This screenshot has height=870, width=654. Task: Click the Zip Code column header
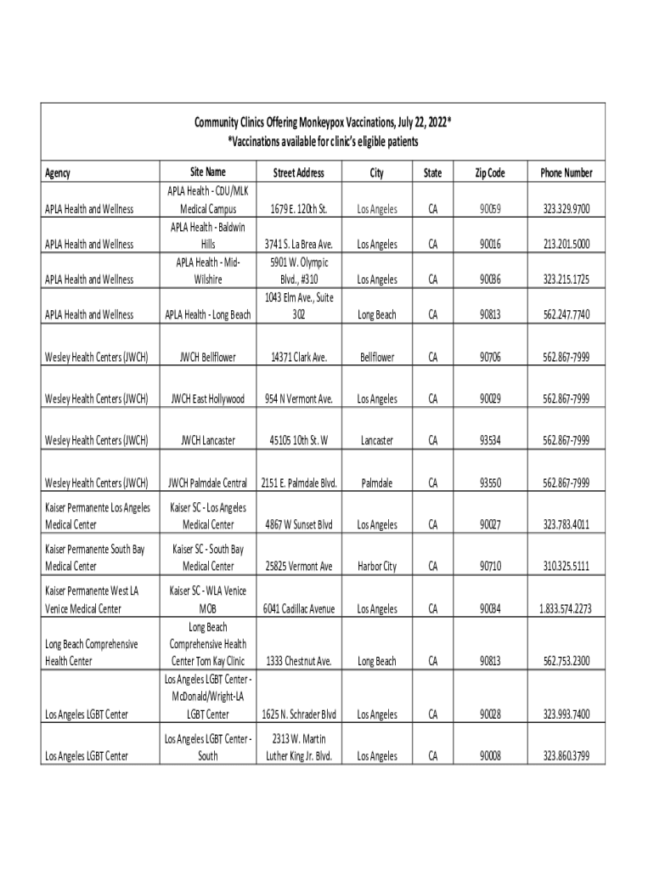point(490,173)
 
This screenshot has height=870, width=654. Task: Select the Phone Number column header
point(567,173)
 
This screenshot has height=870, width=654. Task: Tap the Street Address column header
point(298,173)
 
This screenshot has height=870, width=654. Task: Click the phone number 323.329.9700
point(567,209)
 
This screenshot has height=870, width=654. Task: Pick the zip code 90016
point(490,245)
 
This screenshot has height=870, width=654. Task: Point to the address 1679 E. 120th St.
point(298,209)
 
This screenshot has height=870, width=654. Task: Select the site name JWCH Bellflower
point(208,358)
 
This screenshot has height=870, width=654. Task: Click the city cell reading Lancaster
point(376,440)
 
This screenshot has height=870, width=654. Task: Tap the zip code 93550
point(490,483)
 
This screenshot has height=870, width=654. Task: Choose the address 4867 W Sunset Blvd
point(298,525)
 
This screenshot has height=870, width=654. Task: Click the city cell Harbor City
point(376,567)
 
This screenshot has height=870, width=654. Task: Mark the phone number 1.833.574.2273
point(567,609)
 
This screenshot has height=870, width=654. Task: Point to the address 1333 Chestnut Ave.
point(298,661)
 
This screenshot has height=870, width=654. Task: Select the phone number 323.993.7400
point(567,715)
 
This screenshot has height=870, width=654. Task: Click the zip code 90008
point(490,756)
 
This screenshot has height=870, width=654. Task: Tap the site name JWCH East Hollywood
point(208,399)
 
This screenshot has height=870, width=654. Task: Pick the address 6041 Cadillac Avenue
point(298,609)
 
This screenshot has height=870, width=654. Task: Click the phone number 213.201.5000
point(567,245)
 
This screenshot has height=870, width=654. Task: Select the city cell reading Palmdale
point(376,483)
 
